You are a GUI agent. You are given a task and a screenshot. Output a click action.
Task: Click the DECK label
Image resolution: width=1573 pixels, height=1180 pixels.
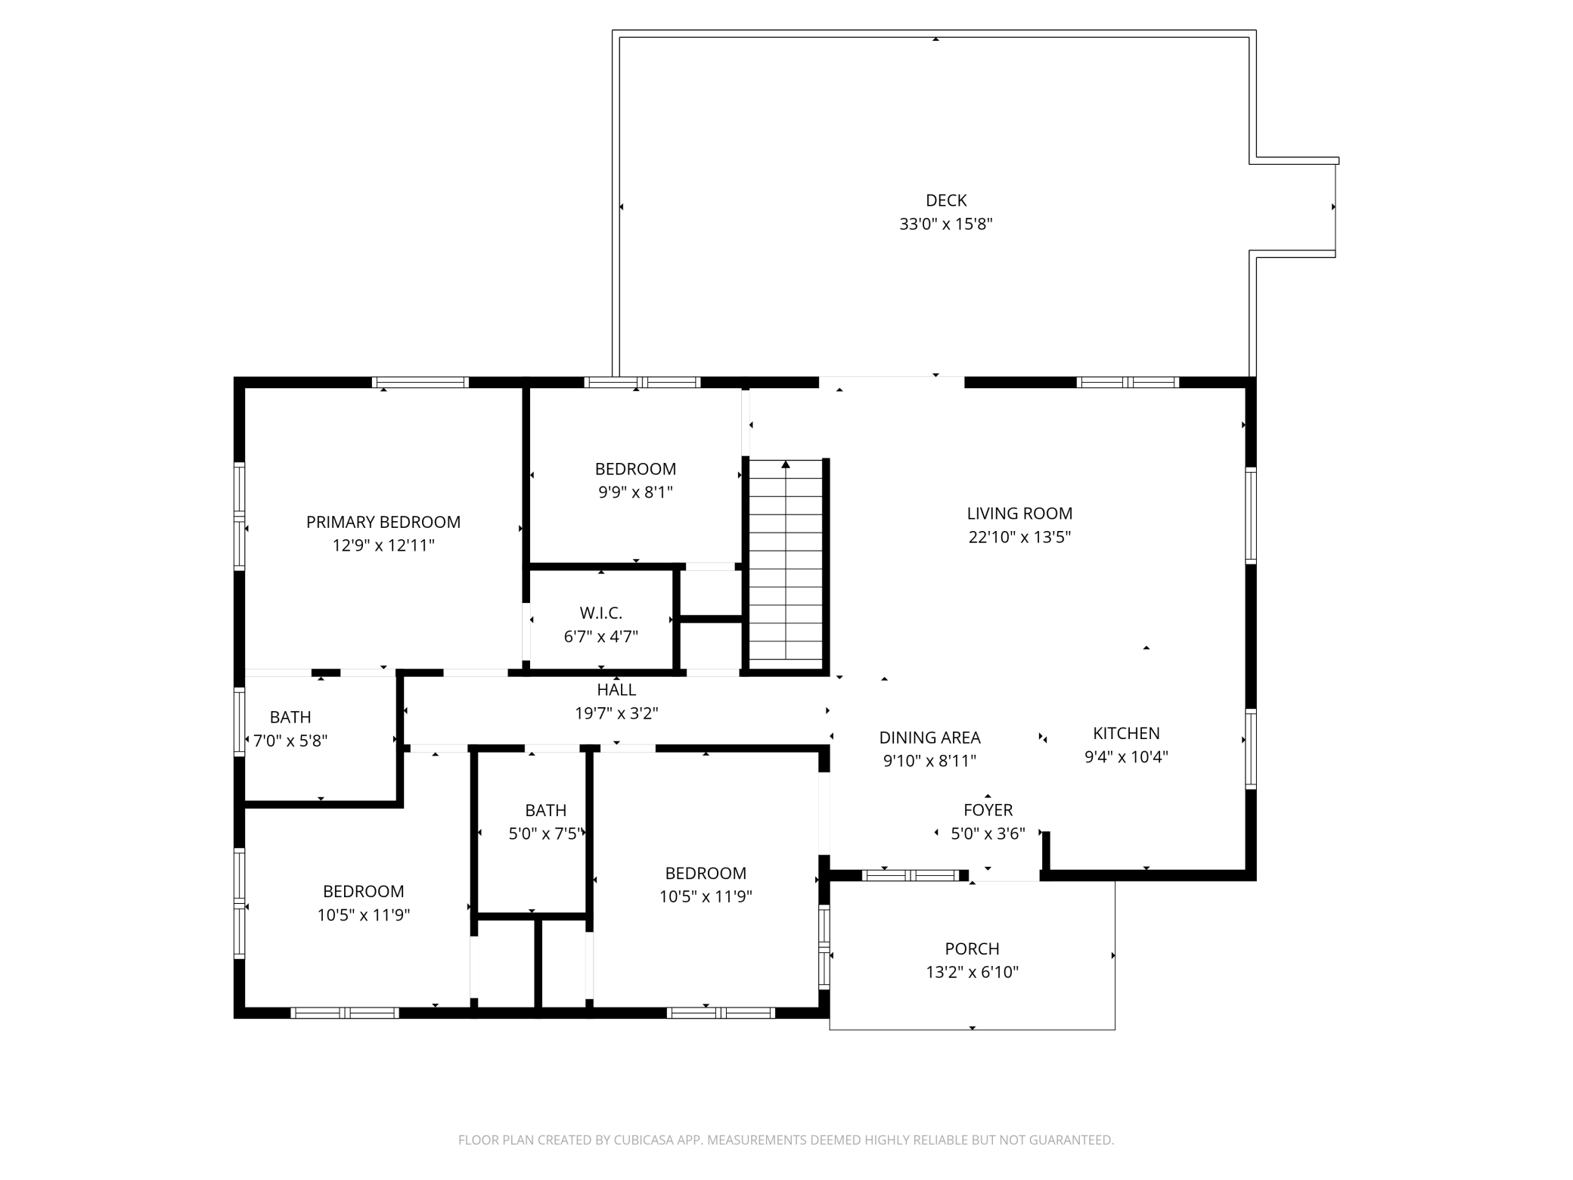pyautogui.click(x=946, y=200)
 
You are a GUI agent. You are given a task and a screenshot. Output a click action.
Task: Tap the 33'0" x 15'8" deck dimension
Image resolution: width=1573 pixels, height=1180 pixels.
pyautogui.click(x=945, y=224)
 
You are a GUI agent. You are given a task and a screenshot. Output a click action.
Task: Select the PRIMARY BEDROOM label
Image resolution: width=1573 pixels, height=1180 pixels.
pyautogui.click(x=383, y=522)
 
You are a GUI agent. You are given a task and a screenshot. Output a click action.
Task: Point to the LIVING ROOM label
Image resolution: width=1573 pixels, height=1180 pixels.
pyautogui.click(x=1019, y=514)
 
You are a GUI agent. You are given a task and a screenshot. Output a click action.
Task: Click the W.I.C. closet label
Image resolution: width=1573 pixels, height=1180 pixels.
pyautogui.click(x=601, y=613)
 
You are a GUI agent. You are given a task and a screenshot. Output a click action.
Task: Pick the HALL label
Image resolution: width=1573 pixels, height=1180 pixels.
pyautogui.click(x=616, y=690)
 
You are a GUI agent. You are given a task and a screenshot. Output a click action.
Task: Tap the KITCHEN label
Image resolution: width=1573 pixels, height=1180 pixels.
pyautogui.click(x=1126, y=733)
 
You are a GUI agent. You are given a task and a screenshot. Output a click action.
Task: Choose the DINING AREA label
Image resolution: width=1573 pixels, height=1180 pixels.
pyautogui.click(x=929, y=737)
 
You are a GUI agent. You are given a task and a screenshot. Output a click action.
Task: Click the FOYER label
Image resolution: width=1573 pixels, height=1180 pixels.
pyautogui.click(x=988, y=810)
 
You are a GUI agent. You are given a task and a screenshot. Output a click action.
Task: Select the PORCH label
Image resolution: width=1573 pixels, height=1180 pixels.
pyautogui.click(x=972, y=949)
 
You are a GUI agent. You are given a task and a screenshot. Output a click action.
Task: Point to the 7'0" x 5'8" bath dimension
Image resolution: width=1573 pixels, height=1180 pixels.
pyautogui.click(x=290, y=741)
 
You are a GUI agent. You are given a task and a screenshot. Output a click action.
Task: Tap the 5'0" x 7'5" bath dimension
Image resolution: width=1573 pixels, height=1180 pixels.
pyautogui.click(x=546, y=834)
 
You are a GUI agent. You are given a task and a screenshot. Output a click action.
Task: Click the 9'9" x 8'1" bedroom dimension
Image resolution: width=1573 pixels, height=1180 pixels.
pyautogui.click(x=635, y=492)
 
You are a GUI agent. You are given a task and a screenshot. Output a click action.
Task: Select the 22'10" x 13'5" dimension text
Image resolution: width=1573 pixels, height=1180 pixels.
pyautogui.click(x=1019, y=537)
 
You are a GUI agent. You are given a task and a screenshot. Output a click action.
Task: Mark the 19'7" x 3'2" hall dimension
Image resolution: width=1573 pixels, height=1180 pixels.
pyautogui.click(x=616, y=713)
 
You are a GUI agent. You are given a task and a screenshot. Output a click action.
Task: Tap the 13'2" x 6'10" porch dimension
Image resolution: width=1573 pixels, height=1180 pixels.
pyautogui.click(x=972, y=972)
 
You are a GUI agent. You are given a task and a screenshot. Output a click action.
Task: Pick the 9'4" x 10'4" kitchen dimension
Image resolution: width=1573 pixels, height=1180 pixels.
pyautogui.click(x=1126, y=756)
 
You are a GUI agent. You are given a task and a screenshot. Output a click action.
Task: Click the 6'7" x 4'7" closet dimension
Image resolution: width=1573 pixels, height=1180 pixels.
pyautogui.click(x=601, y=637)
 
